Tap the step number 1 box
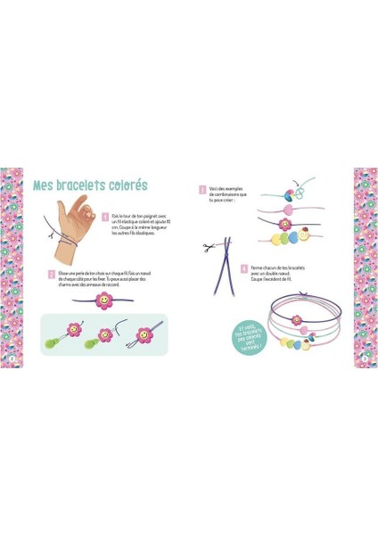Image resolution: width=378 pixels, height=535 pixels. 105,216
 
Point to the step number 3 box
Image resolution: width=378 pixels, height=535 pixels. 202,189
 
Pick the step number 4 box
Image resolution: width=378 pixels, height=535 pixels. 243,267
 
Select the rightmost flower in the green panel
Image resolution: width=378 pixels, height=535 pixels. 142,337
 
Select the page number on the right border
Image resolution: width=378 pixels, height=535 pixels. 366,358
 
